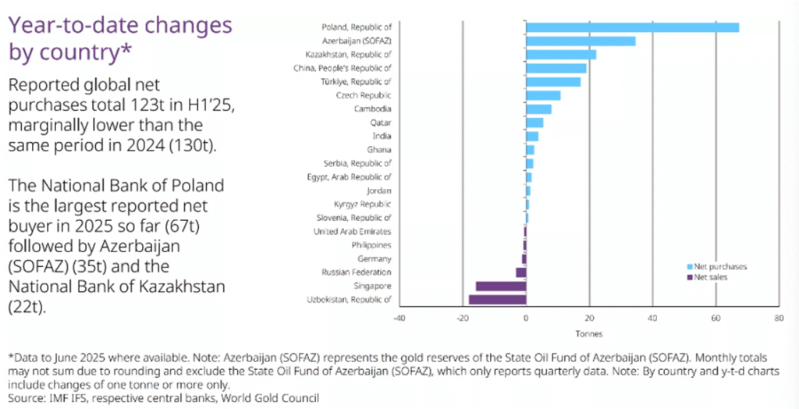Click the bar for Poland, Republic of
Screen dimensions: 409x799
[632, 27]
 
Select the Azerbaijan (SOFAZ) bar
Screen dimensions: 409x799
[581, 41]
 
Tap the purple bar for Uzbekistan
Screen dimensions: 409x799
[497, 300]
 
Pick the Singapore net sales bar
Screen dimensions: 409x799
[501, 286]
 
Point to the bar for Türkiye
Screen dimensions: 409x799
[553, 82]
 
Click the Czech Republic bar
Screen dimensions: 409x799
[543, 95]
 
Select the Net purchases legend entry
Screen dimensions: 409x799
[718, 266]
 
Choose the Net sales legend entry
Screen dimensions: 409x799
[711, 276]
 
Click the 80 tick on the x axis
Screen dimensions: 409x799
[778, 318]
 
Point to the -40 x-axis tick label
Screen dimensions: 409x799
[399, 318]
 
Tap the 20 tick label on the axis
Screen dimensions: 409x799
[589, 318]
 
